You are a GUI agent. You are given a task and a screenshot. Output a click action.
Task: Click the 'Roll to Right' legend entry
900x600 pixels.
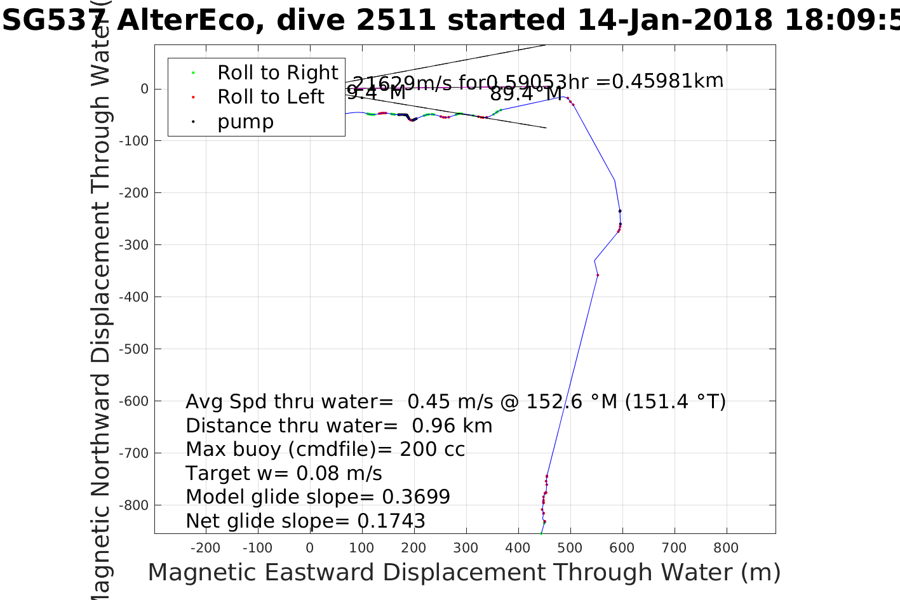(278, 73)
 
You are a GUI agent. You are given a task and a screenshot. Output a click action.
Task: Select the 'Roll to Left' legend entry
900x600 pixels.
(271, 97)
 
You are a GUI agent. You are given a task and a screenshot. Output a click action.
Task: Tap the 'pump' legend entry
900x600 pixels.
(245, 122)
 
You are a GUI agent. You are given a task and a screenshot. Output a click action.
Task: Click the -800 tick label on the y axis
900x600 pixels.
(135, 505)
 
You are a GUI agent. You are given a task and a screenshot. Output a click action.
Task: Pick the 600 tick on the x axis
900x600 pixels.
(622, 548)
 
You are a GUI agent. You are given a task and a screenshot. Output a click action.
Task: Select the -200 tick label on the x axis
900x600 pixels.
(205, 548)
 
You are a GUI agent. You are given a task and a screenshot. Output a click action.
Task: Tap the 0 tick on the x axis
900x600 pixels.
(309, 548)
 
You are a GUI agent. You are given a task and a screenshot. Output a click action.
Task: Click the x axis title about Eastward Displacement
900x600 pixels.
(464, 573)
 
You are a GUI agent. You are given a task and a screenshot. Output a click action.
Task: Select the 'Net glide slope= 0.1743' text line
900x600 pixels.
(306, 521)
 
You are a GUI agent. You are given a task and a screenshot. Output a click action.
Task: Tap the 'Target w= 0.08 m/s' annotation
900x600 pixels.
(284, 474)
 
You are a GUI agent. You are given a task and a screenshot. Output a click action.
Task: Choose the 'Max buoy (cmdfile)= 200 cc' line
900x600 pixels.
(325, 450)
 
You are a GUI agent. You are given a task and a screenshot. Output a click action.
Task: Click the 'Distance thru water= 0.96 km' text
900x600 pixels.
(339, 426)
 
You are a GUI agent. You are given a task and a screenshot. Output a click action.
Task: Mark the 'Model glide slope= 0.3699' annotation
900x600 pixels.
(318, 497)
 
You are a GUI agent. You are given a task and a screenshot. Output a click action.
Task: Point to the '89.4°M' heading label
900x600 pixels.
(526, 94)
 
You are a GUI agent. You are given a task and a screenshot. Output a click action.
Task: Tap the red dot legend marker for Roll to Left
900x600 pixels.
(193, 97)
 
